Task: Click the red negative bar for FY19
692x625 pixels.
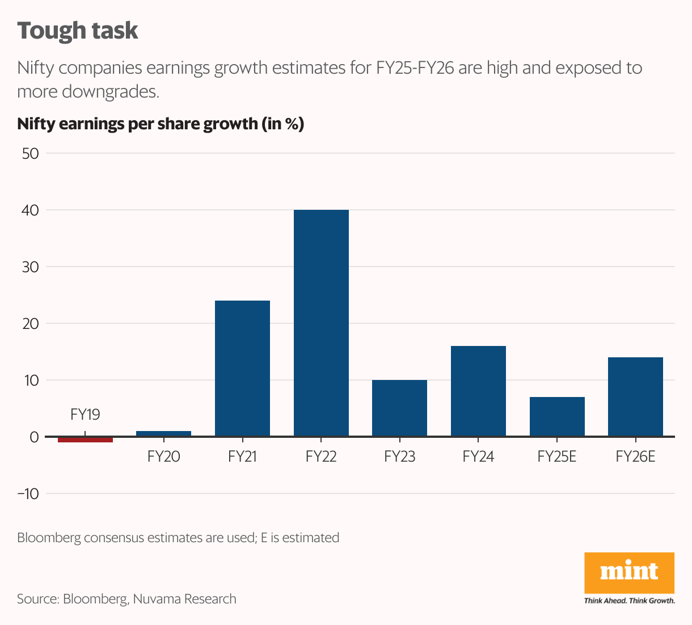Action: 85,440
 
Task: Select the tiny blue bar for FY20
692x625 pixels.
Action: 163,434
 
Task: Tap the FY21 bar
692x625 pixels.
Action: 242,369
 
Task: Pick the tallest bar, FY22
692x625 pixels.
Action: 321,323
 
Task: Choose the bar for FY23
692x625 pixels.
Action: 399,408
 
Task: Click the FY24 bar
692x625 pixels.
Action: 478,391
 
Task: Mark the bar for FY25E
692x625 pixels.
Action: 557,417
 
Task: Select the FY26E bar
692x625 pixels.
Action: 635,397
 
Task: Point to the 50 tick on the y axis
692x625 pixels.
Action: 30,153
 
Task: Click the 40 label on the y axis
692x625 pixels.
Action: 30,210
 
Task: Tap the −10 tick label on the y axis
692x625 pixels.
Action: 28,493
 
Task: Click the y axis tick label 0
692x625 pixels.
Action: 34,437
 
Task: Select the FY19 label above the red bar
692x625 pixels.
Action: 85,415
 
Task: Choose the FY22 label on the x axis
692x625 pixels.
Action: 321,457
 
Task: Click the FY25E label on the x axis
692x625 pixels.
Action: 557,457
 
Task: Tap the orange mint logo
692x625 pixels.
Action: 629,572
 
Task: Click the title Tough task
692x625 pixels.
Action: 78,31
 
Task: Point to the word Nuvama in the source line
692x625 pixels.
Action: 157,599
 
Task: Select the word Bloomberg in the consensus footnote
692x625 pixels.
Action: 49,538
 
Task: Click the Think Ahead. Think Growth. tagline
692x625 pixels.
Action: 630,601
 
